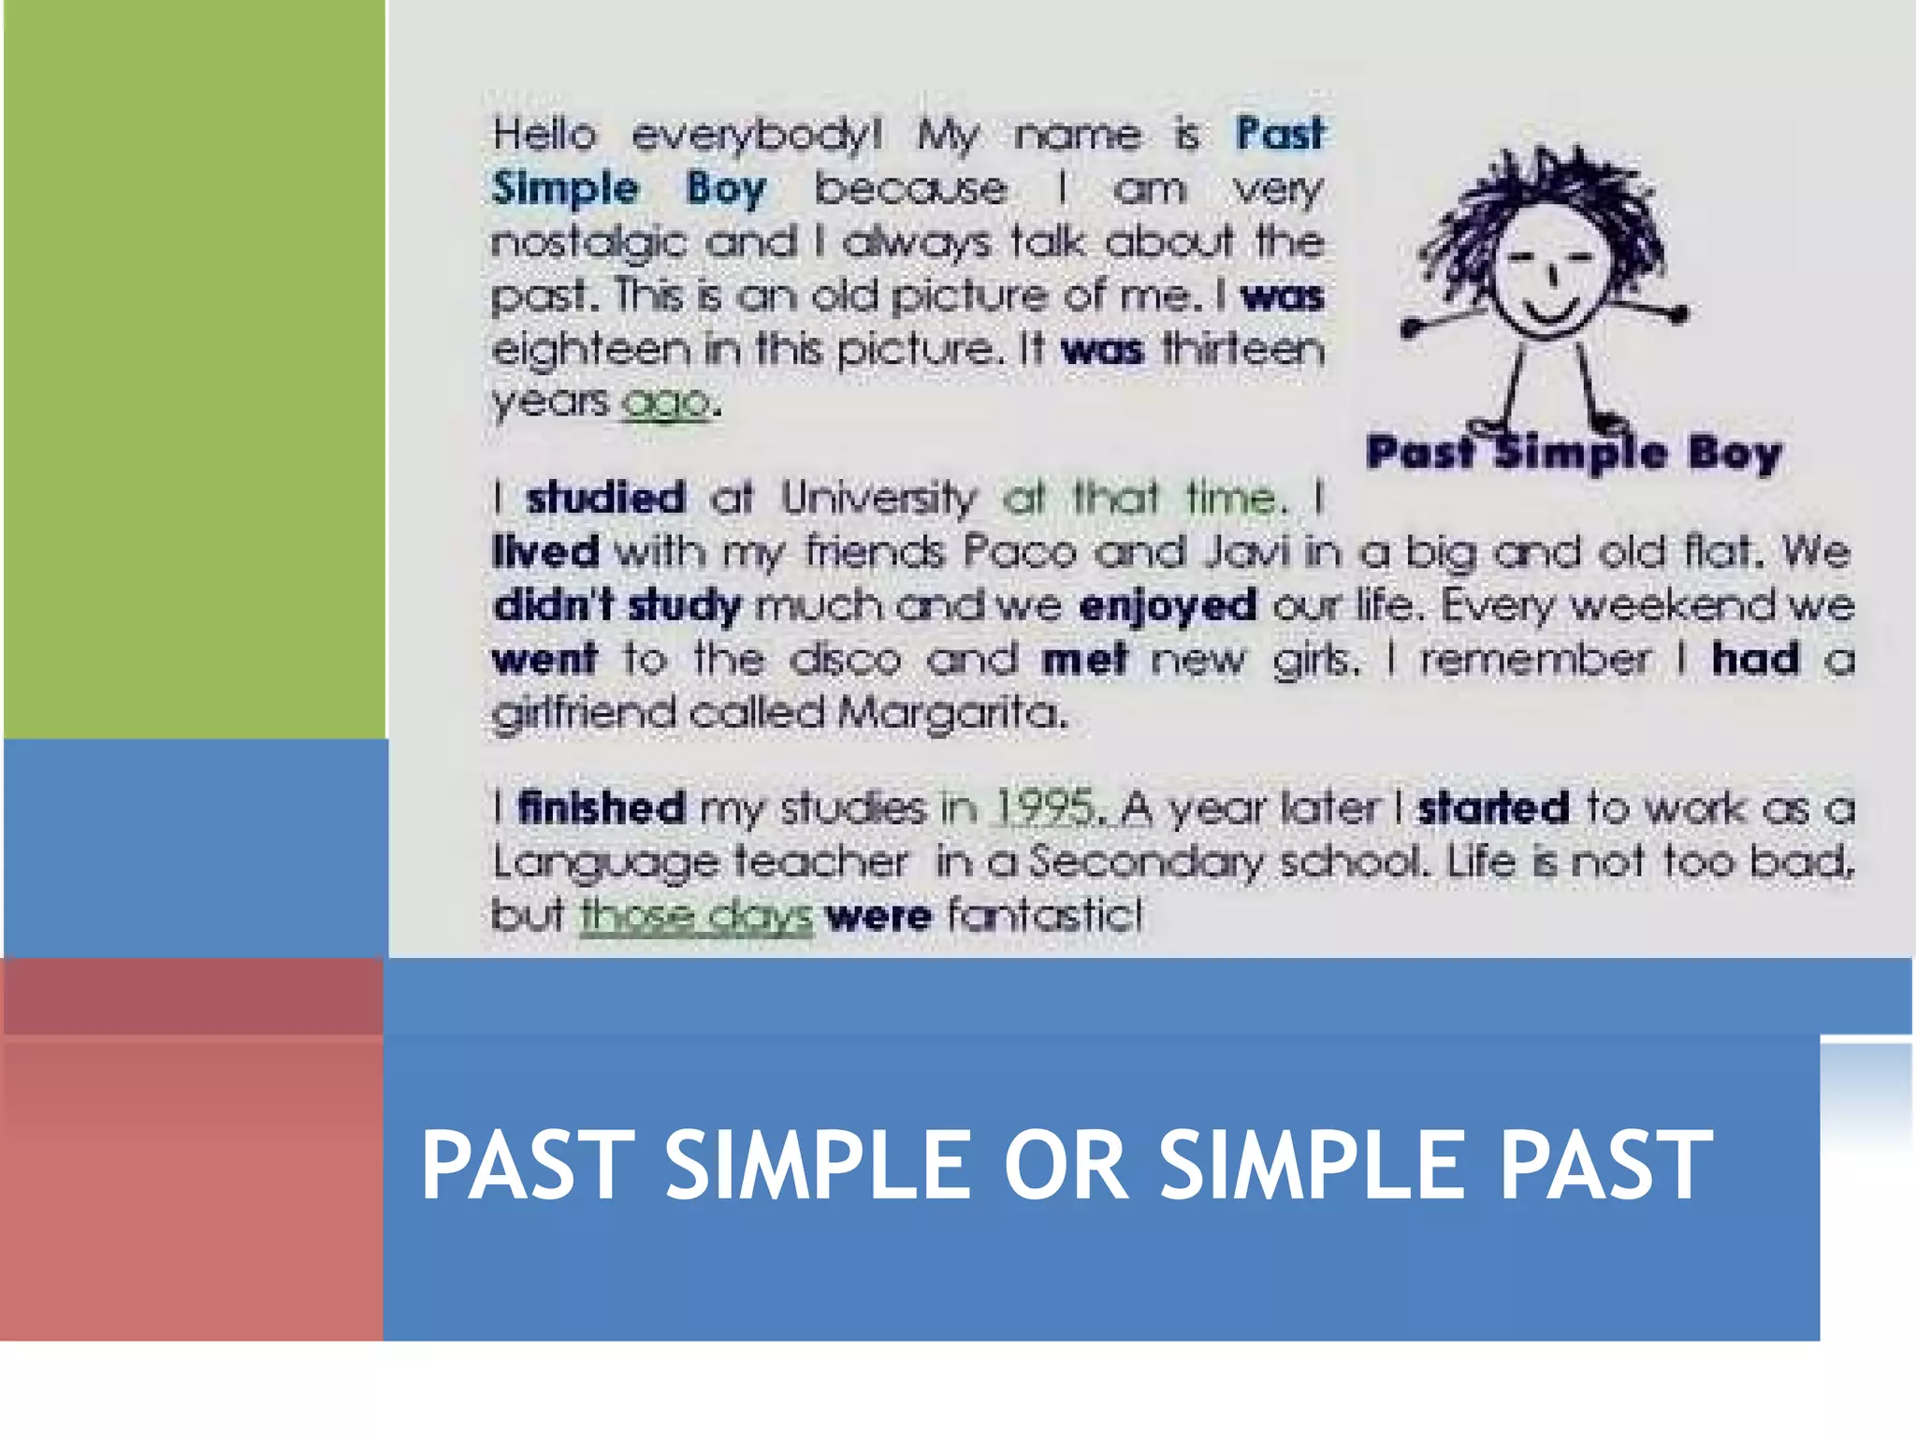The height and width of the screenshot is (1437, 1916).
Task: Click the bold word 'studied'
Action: coord(605,498)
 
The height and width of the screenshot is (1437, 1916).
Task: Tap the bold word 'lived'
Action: coord(545,551)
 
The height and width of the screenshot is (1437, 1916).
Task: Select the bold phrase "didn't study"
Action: coord(617,606)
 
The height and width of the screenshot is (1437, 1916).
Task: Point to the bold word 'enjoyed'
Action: coord(1167,606)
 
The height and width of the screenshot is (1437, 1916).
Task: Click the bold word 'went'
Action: coord(544,660)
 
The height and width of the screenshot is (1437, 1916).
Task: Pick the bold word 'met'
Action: coord(1083,660)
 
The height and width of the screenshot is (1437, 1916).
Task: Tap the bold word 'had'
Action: coord(1755,659)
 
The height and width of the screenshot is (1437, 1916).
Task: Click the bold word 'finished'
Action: coord(602,807)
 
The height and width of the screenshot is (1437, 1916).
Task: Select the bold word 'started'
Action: coord(1493,807)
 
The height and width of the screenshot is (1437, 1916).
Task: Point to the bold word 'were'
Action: coord(878,915)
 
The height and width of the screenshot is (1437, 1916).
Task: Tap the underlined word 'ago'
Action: coord(666,403)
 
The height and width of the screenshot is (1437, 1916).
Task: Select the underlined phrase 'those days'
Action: coord(696,915)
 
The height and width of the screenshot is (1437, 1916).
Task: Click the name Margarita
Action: coord(951,714)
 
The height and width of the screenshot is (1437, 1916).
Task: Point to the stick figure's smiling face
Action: coord(1548,276)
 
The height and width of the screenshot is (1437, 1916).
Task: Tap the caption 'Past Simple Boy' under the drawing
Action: coord(1574,454)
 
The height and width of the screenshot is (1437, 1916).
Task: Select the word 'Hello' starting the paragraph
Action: coord(544,135)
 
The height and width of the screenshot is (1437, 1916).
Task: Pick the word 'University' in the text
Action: coord(878,498)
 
